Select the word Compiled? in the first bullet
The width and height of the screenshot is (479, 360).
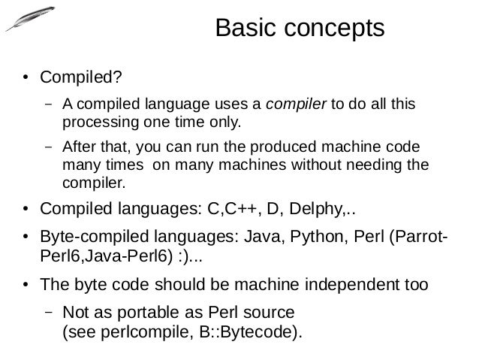(80, 77)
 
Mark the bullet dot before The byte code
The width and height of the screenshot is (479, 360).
(25, 286)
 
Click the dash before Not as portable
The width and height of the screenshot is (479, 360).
(47, 311)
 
